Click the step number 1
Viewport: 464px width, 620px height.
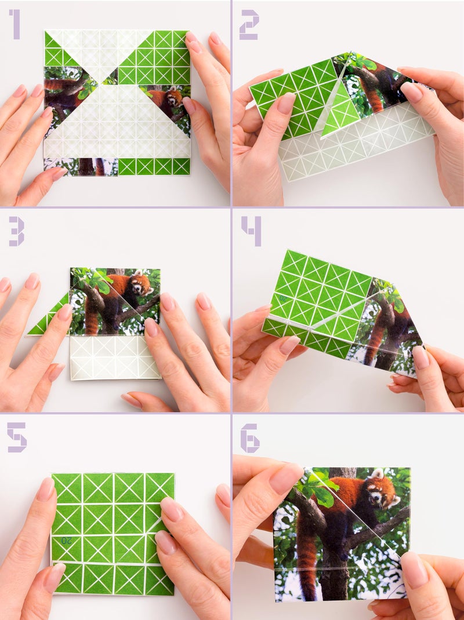[x=14, y=25]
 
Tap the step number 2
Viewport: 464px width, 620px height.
[x=249, y=25]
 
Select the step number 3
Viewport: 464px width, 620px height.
[x=16, y=232]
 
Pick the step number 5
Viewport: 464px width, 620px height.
[x=16, y=437]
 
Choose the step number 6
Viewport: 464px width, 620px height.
[x=250, y=439]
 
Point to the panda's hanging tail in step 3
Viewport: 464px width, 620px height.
[x=92, y=322]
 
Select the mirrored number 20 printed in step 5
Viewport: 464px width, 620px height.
[x=67, y=540]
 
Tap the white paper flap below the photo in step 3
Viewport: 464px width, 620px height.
[x=114, y=358]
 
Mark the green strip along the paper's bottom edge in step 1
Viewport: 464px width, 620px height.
[x=154, y=166]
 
